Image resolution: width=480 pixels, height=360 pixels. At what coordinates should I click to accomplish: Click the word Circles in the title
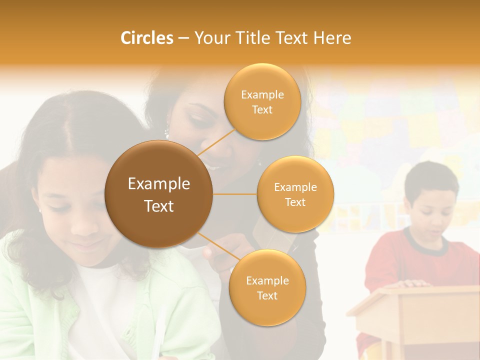pyautogui.click(x=146, y=38)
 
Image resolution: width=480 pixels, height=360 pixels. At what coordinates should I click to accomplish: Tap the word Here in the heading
pyautogui.click(x=332, y=38)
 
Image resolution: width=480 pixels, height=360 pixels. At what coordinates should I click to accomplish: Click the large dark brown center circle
pyautogui.click(x=158, y=194)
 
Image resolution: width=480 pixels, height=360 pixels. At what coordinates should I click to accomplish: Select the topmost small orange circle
pyautogui.click(x=262, y=101)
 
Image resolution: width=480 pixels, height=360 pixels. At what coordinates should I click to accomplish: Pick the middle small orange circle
pyautogui.click(x=295, y=194)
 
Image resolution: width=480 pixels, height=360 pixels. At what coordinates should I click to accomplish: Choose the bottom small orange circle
pyautogui.click(x=267, y=287)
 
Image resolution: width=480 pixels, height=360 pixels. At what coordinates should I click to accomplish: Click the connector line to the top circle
pyautogui.click(x=216, y=142)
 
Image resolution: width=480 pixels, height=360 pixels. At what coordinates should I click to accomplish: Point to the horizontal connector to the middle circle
pyautogui.click(x=235, y=194)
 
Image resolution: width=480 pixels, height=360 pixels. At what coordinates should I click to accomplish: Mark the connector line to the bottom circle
pyautogui.click(x=216, y=246)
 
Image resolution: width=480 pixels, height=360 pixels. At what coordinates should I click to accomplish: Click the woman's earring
pyautogui.click(x=167, y=133)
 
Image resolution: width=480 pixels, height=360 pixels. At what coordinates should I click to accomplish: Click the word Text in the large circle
pyautogui.click(x=158, y=206)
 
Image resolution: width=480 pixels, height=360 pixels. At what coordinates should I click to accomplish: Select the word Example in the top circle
pyautogui.click(x=262, y=95)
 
